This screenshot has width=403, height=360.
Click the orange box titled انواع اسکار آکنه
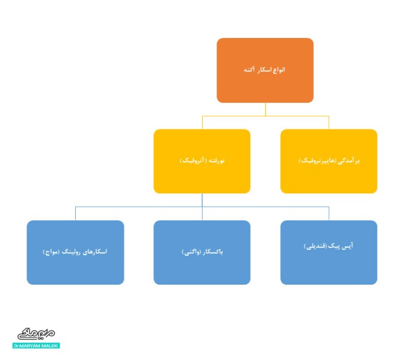[265, 70]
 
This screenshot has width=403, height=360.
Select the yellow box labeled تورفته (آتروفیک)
[202, 161]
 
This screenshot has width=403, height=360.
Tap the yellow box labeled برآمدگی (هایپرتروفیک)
[328, 161]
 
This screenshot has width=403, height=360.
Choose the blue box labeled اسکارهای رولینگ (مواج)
[75, 252]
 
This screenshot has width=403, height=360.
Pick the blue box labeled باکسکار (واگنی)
[202, 252]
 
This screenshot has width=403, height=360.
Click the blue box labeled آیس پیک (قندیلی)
[328, 252]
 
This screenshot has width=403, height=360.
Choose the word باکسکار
[213, 252]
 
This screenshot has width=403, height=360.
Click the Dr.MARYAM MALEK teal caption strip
[35, 346]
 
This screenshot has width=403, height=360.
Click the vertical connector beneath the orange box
[265, 109]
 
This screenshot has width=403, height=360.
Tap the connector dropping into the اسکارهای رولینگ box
[75, 213]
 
